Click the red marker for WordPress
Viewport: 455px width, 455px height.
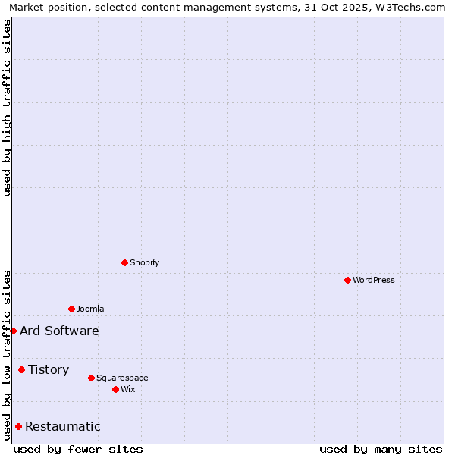(x=347, y=280)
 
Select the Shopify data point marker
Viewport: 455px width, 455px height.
(x=124, y=262)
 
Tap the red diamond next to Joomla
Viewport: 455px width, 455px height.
(x=71, y=309)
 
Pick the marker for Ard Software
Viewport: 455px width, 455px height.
(x=13, y=331)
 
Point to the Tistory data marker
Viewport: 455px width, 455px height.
(x=21, y=369)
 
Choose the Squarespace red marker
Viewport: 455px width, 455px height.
(x=91, y=378)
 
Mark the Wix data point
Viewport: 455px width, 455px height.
(x=115, y=389)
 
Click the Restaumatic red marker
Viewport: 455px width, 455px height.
(x=18, y=426)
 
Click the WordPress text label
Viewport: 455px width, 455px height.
(x=374, y=280)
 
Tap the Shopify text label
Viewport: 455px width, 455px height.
(x=145, y=262)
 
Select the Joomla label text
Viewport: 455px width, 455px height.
(x=90, y=309)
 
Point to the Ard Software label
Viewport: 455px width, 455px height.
(x=59, y=331)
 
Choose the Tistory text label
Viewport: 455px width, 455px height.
(x=49, y=369)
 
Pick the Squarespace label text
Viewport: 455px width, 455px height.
(x=122, y=378)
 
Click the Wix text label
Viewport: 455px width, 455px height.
(x=128, y=389)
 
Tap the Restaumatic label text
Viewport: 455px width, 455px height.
(x=62, y=426)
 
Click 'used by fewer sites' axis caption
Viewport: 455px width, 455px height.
(x=78, y=449)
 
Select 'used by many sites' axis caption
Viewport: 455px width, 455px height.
(x=381, y=449)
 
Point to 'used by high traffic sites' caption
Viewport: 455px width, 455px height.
(x=7, y=108)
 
